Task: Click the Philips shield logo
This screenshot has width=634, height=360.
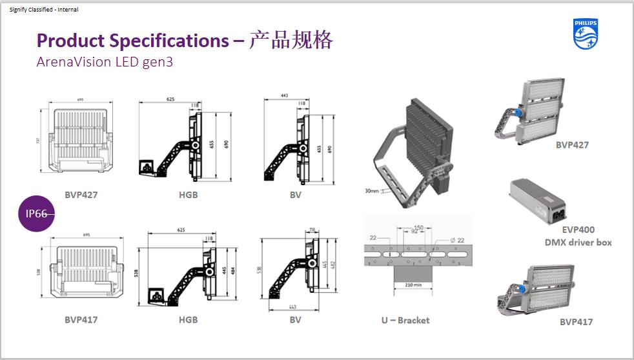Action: coord(586,34)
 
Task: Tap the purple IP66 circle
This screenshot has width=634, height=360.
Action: coord(37,214)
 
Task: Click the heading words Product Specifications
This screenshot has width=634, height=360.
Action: coord(132,41)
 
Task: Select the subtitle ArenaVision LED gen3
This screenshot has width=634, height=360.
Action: coord(105,63)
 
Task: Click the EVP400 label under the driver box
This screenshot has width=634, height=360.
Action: coord(578,230)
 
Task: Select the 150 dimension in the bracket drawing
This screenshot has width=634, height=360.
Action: coord(418,228)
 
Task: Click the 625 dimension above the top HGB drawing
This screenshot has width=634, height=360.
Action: coord(170,100)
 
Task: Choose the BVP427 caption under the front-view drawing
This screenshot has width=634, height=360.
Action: coord(81,194)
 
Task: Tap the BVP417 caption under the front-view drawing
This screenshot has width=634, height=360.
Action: coord(81,319)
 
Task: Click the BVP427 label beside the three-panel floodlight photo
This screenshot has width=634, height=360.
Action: coord(572,145)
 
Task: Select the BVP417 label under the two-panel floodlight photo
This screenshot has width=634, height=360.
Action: coord(576,321)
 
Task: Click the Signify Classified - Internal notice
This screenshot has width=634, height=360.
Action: coord(44,10)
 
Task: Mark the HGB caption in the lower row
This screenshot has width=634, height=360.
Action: coord(188,319)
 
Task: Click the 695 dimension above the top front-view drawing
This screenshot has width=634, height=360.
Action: coord(80,101)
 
